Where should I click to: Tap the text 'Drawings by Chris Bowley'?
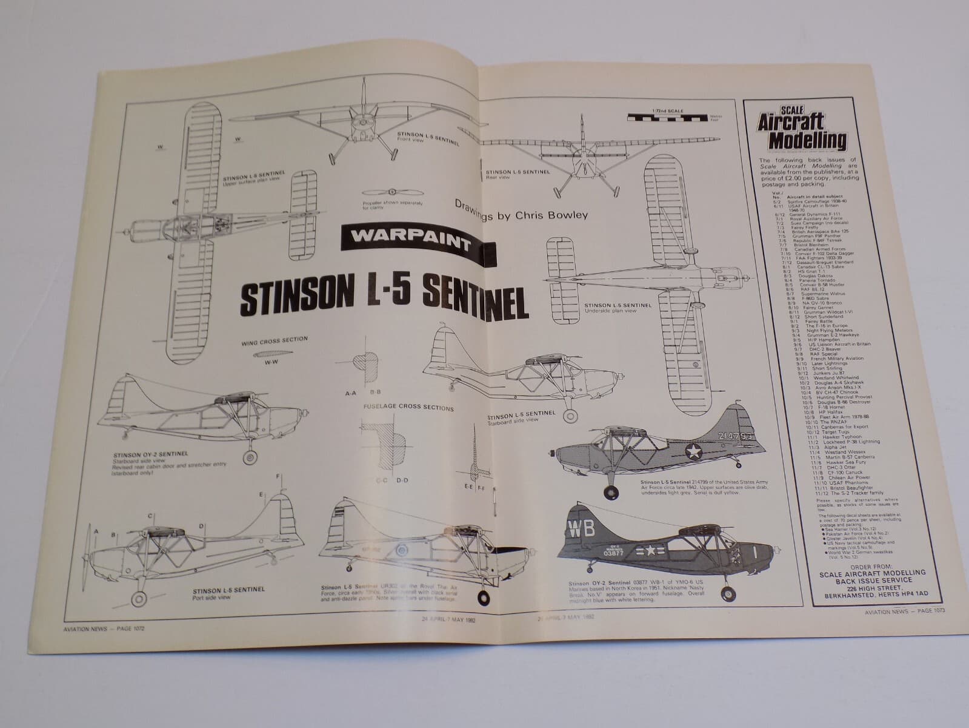(x=521, y=210)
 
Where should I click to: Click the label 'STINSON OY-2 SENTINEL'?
(x=150, y=453)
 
